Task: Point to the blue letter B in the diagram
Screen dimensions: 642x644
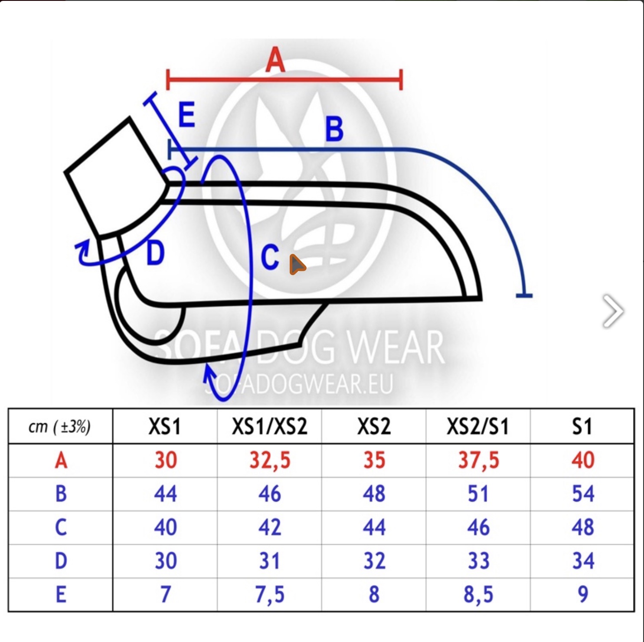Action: pos(334,129)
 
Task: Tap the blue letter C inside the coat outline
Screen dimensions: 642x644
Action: pos(270,257)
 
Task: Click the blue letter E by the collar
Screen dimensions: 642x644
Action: pos(187,115)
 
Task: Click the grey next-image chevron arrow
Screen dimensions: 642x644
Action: pos(613,311)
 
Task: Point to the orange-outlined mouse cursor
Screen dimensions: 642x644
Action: pos(297,264)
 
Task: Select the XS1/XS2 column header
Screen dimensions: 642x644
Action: pos(269,427)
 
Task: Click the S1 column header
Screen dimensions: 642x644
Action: pos(582,427)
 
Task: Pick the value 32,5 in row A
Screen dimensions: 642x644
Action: pos(269,460)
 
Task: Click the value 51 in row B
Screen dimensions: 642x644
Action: pos(478,494)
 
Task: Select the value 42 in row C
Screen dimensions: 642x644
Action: pos(269,527)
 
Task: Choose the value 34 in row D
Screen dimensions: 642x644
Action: pos(582,561)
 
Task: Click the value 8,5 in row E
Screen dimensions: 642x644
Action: pos(478,594)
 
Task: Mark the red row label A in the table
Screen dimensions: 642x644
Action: pos(61,460)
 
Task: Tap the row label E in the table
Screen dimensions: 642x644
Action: pos(61,594)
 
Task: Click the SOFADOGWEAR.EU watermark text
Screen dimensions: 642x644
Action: pos(299,384)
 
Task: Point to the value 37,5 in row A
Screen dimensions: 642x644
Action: pos(478,460)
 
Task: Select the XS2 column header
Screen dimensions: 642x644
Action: pos(374,427)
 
